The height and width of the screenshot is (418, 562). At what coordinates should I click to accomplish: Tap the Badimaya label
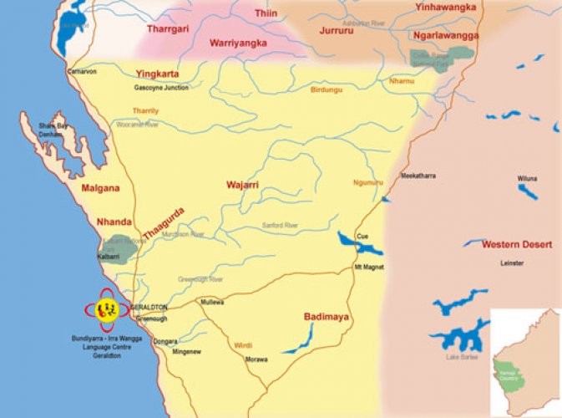click(x=326, y=317)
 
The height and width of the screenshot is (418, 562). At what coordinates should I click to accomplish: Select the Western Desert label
click(x=517, y=244)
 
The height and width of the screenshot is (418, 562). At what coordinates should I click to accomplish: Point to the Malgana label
click(x=100, y=189)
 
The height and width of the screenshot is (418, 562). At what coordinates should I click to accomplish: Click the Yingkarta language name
click(x=158, y=72)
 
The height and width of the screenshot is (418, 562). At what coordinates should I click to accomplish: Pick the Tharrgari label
click(x=170, y=28)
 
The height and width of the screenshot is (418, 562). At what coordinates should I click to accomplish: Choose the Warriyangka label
click(x=237, y=42)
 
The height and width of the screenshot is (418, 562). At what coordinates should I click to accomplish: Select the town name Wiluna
click(x=527, y=178)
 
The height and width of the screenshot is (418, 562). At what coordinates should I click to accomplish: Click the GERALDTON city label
click(x=151, y=307)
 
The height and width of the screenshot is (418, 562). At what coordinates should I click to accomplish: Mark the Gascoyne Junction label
click(x=161, y=87)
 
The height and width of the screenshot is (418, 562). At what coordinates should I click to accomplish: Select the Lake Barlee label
click(x=463, y=358)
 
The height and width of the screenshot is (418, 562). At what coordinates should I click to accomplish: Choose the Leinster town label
click(x=513, y=263)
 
